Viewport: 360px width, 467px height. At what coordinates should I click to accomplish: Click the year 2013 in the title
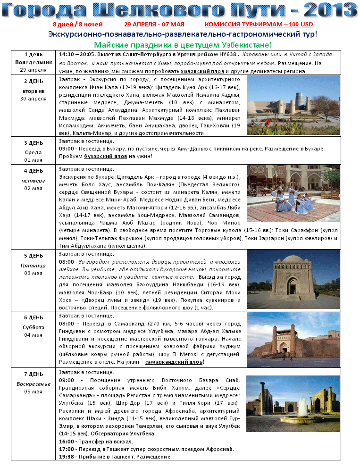pos(330,9)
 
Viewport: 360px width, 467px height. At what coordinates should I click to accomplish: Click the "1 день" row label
pos(33,54)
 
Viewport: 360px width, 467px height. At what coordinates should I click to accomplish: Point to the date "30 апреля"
pos(33,99)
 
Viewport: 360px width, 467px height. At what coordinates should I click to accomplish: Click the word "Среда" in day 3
pos(33,152)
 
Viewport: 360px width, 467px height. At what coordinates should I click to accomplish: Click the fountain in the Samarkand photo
pos(302,407)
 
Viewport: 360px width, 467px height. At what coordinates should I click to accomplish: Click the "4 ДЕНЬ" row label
pos(33,171)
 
